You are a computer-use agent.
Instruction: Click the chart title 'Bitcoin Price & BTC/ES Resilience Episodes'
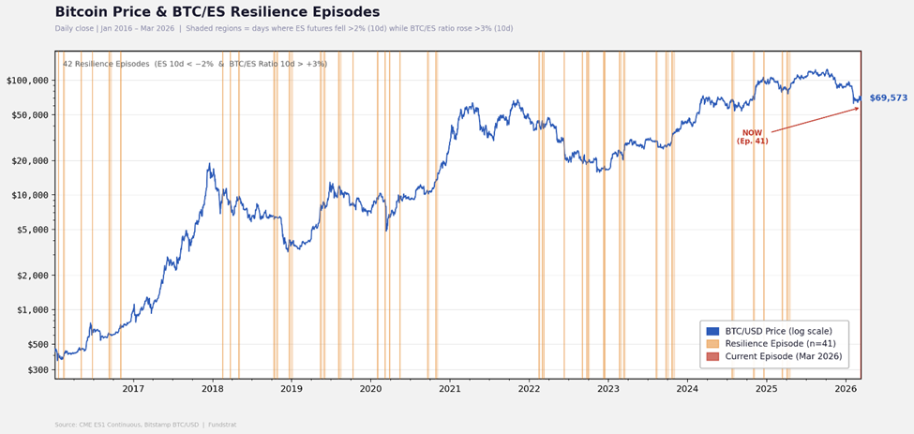[x=217, y=12]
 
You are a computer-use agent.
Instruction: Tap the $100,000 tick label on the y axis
[x=27, y=81]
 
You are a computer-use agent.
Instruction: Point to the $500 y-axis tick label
[x=35, y=345]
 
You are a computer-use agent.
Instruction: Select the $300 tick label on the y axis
[x=35, y=370]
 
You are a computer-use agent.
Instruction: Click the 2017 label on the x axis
[x=134, y=389]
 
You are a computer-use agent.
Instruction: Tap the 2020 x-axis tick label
[x=371, y=389]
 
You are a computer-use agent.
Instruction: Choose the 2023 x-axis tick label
[x=608, y=389]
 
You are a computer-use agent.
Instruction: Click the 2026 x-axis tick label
[x=846, y=389]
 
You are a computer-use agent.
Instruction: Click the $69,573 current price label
[x=888, y=98]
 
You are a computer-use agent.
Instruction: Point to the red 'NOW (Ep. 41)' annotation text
[x=752, y=137]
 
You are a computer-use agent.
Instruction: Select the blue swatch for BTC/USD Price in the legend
[x=712, y=331]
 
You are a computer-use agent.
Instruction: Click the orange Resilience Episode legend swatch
[x=712, y=344]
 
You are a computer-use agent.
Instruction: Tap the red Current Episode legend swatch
[x=712, y=357]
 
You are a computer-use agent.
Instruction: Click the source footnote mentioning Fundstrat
[x=145, y=425]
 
